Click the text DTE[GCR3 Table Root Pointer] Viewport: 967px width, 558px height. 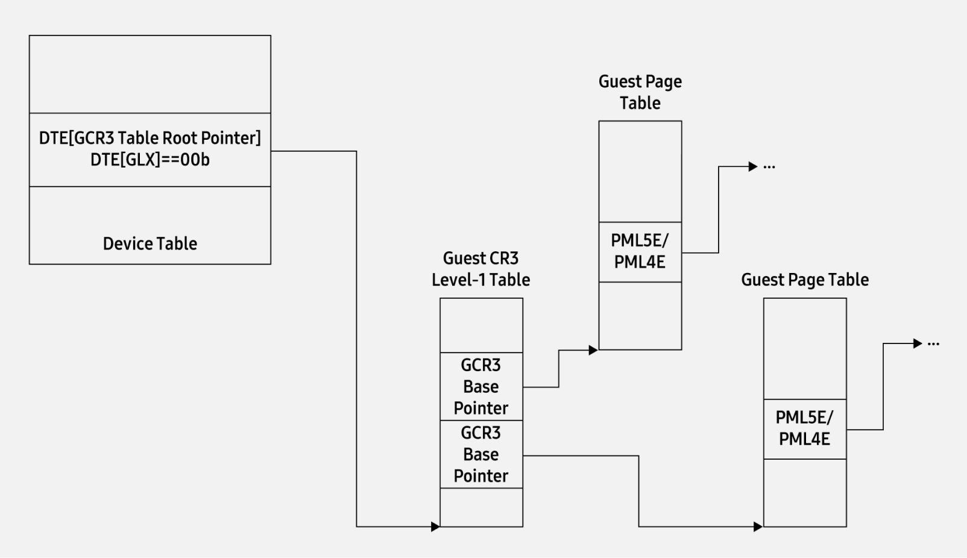150,138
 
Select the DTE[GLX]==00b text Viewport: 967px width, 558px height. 150,160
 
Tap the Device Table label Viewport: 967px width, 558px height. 150,243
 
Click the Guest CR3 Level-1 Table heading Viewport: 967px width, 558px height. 480,269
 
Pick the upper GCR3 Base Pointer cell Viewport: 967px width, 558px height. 480,386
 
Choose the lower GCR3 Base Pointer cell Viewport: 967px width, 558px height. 480,454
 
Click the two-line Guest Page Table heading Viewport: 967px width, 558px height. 640,92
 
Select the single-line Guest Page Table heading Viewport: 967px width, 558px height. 804,280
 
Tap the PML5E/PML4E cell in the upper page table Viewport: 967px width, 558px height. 640,251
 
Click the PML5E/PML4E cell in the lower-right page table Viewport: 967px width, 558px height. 804,428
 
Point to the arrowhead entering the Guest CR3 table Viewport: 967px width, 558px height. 435,527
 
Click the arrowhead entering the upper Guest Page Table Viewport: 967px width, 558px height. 593,350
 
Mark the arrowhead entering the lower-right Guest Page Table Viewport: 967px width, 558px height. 758,527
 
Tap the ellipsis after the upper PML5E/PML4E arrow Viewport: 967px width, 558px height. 769,167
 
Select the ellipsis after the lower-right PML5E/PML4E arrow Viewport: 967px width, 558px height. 933,344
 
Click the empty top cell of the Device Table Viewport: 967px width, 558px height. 150,74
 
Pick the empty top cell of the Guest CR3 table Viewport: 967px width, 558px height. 480,325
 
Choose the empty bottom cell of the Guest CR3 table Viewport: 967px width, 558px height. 480,507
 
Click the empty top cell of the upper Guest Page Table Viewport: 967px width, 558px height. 640,171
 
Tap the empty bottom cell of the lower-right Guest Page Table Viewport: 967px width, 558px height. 804,493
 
